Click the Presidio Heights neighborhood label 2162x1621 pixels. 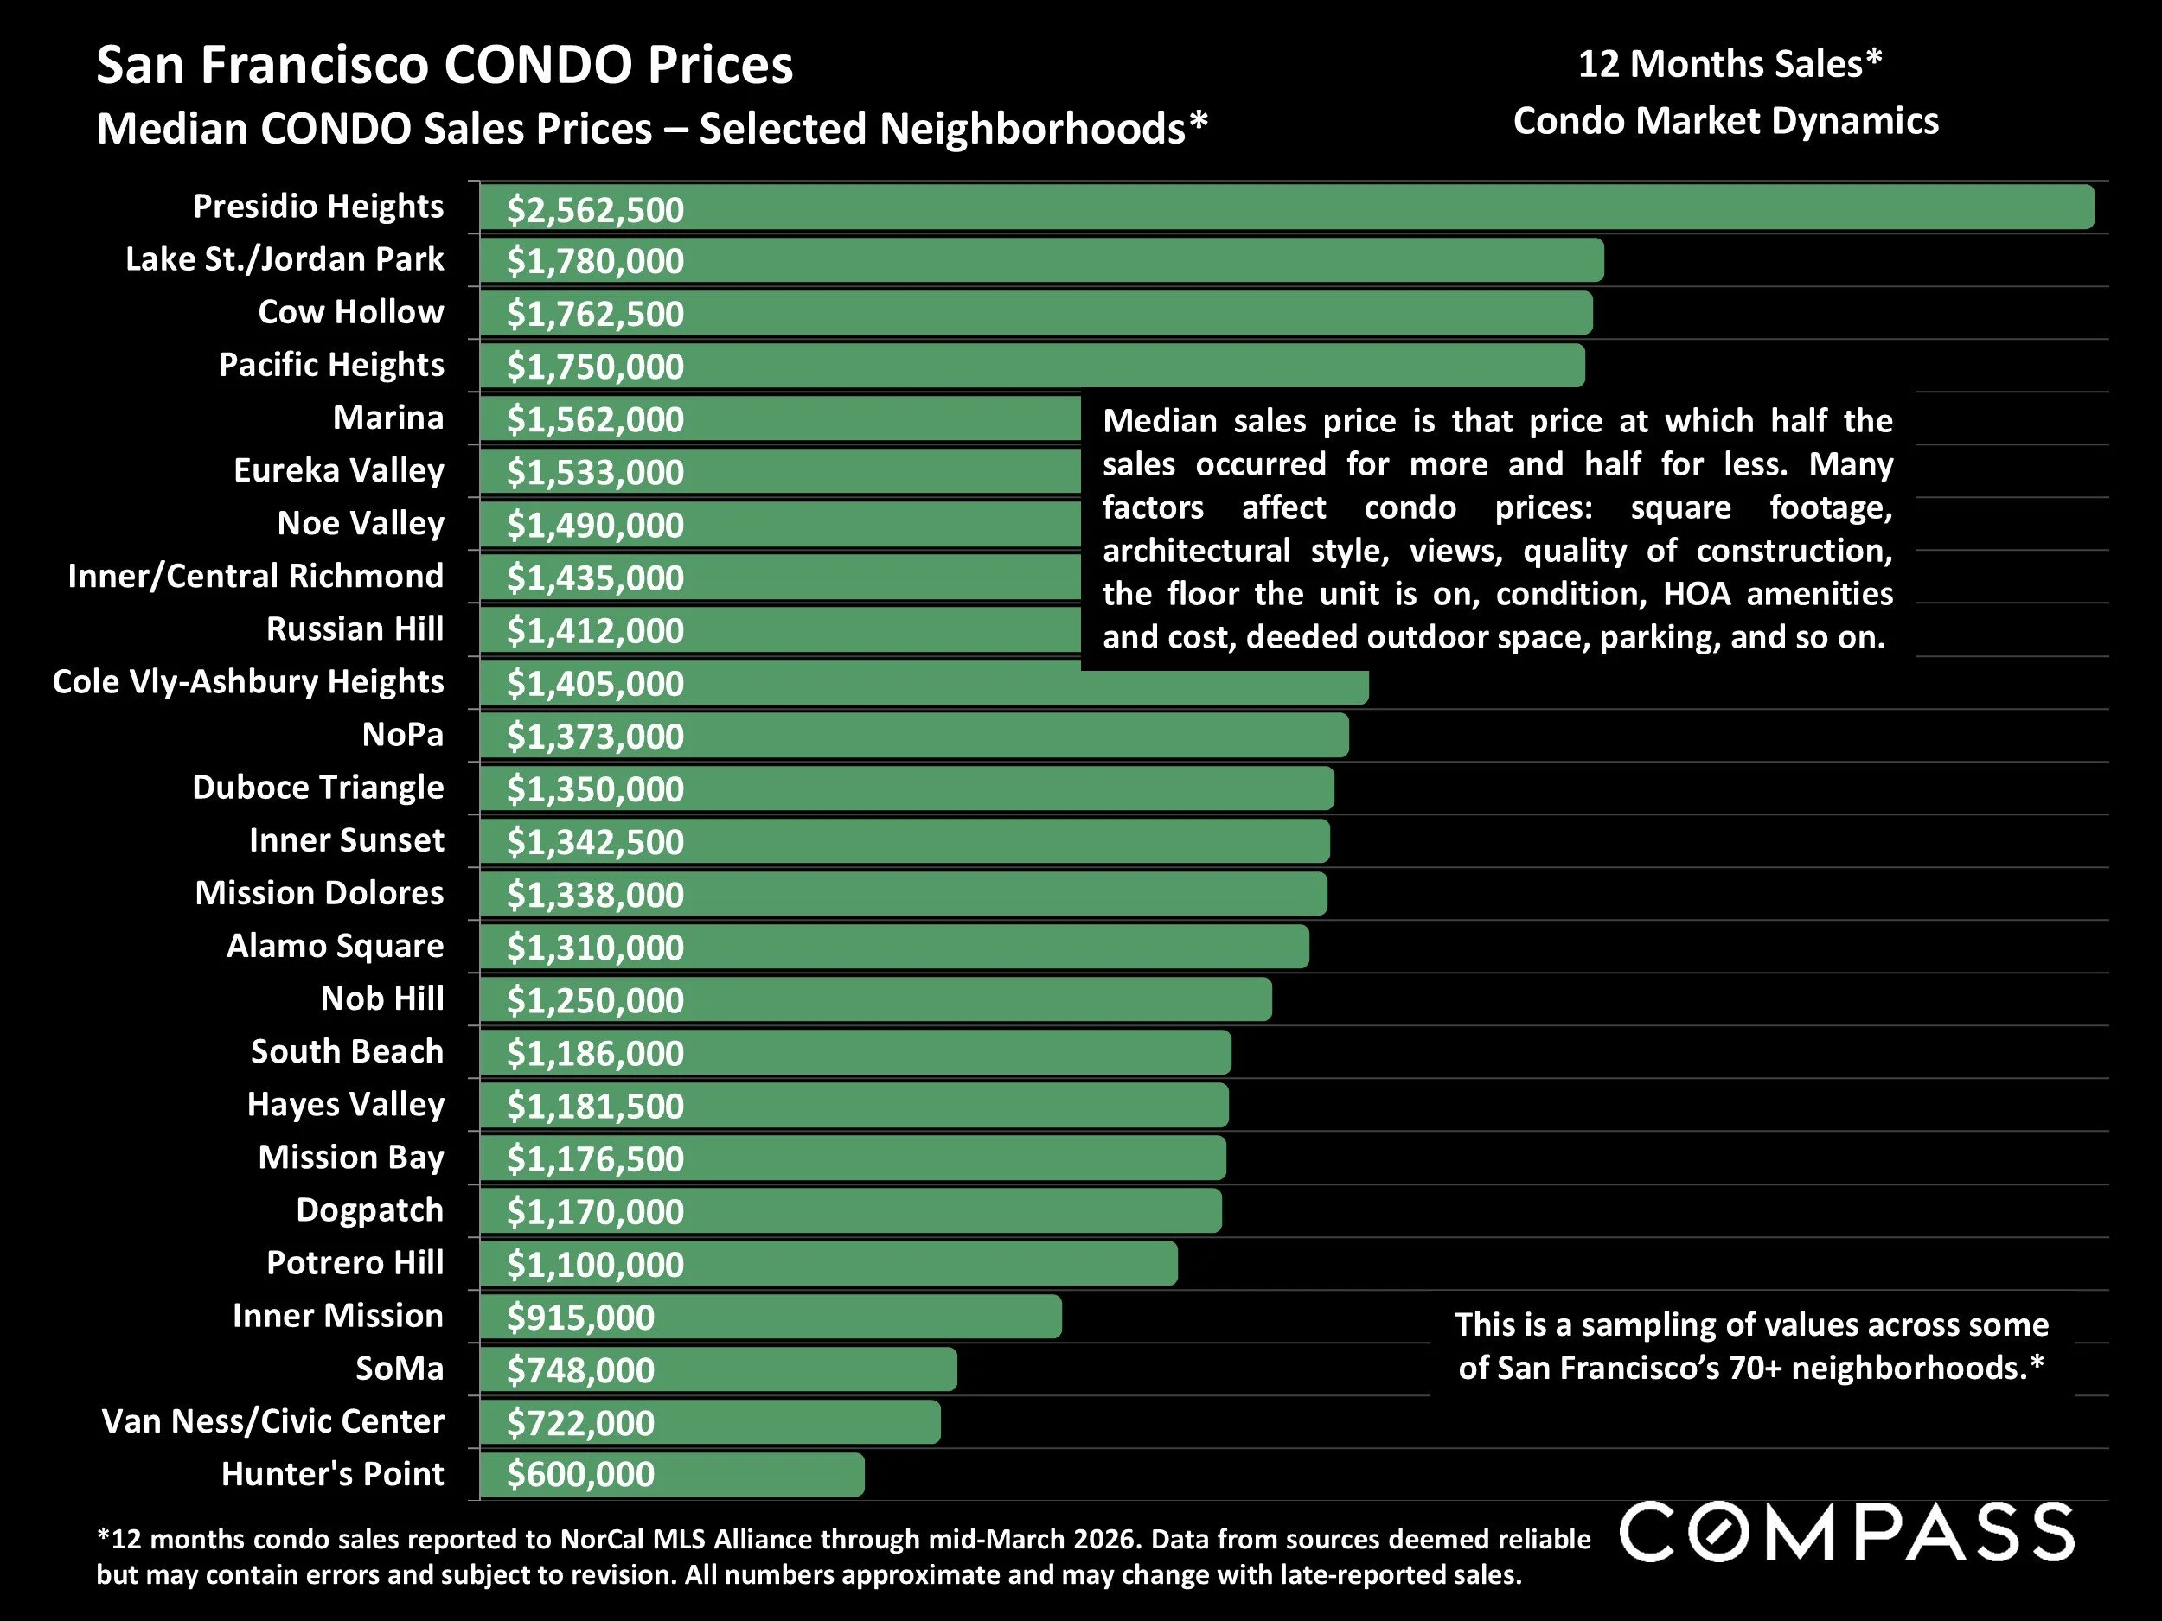point(317,206)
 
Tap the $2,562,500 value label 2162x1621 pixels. point(594,210)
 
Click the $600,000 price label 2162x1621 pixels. point(580,1474)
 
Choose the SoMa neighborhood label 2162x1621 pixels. point(399,1368)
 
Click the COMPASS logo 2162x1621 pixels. point(1846,1532)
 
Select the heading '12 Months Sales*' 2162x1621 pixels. point(1729,65)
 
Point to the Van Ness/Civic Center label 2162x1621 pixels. point(272,1420)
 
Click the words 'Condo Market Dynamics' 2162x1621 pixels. point(1725,121)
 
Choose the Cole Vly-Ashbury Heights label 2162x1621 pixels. point(248,681)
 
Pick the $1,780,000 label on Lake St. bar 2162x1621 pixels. point(594,261)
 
